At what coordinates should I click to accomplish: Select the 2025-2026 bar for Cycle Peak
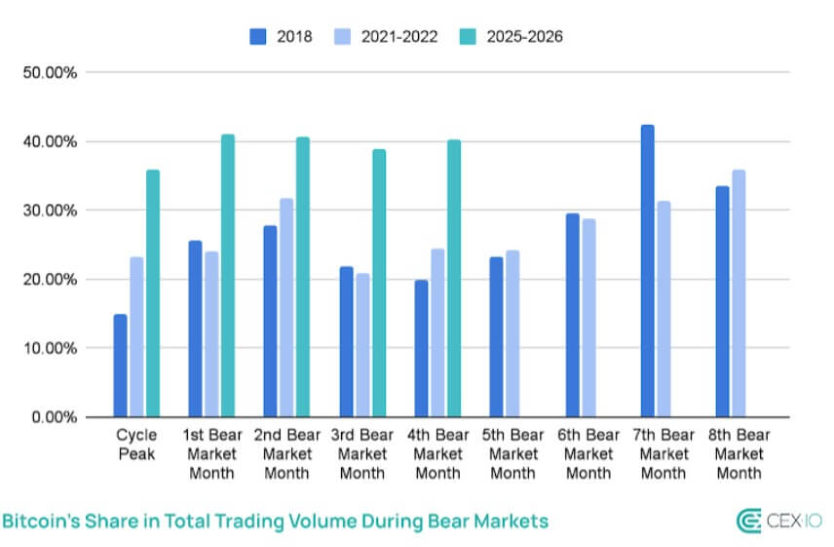153,293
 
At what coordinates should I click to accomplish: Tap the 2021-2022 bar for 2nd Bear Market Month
286,308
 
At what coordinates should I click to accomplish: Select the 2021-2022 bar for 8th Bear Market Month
739,293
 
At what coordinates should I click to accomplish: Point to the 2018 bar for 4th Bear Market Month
422,349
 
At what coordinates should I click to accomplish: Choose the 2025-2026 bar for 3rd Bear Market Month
379,284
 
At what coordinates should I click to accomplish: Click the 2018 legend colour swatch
258,37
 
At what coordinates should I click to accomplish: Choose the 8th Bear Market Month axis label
738,453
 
